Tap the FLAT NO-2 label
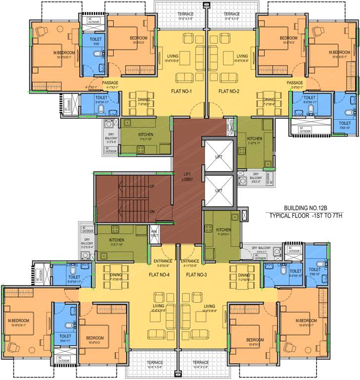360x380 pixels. [x=228, y=91]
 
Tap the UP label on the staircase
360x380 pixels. [x=152, y=187]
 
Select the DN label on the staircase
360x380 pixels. [x=152, y=212]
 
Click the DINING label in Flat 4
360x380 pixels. [x=116, y=275]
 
